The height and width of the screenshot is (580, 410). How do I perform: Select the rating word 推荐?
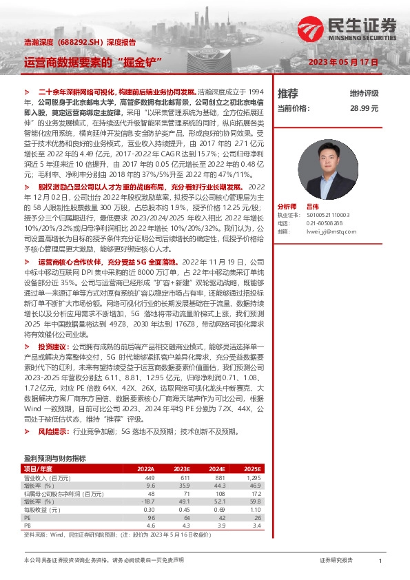tap(287, 93)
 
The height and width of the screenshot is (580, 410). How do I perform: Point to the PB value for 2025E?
tap(372, 525)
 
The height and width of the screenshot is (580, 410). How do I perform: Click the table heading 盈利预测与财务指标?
tap(54, 458)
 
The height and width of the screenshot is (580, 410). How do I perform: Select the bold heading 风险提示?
tap(53, 432)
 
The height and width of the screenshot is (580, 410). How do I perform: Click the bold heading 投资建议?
tap(53, 346)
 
